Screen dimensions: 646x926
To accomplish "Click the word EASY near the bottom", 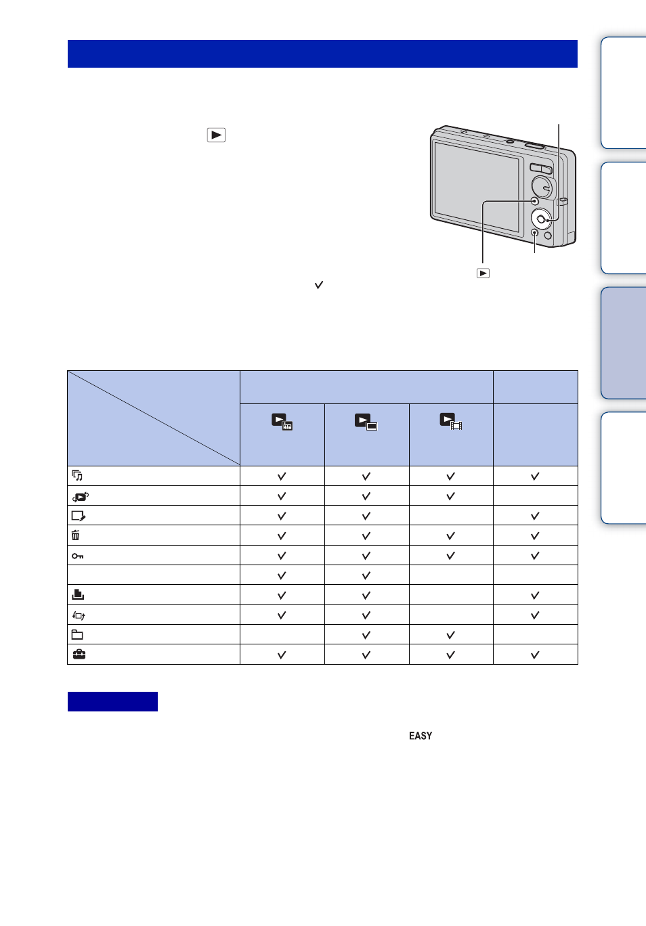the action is [421, 736].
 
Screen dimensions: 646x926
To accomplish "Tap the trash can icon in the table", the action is [75, 535].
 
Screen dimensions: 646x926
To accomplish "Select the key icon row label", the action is [77, 556].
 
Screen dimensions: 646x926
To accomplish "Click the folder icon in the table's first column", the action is [77, 634].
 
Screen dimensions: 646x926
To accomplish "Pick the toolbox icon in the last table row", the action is [79, 655].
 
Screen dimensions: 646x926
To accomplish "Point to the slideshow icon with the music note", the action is [77, 475].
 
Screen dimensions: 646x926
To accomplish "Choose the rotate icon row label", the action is [78, 616].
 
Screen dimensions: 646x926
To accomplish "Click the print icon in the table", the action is [78, 594].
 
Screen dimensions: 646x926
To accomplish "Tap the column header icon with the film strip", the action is [451, 422].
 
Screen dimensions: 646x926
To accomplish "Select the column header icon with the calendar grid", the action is [282, 422].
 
